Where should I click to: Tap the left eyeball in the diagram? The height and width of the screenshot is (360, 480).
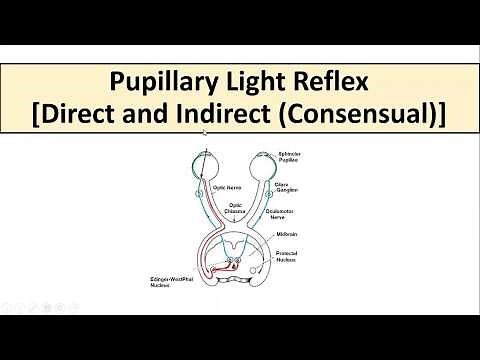click(x=199, y=163)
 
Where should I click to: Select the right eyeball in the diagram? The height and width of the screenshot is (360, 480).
click(x=263, y=163)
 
